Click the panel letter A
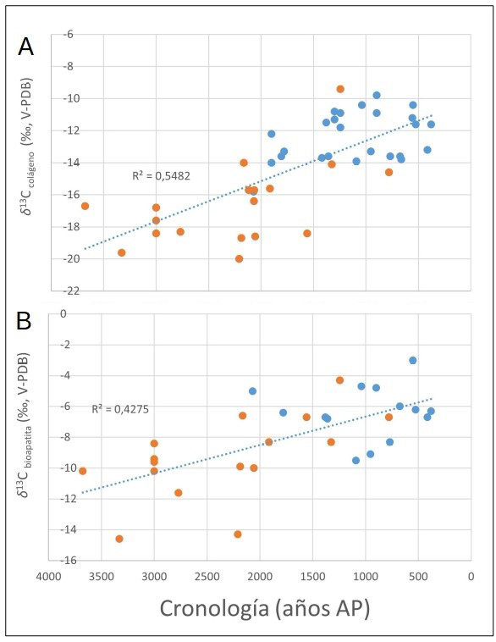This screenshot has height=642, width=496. [26, 47]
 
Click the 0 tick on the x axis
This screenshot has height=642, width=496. [471, 574]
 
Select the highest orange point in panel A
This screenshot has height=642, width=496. [340, 89]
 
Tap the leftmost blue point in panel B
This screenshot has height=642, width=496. [253, 391]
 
